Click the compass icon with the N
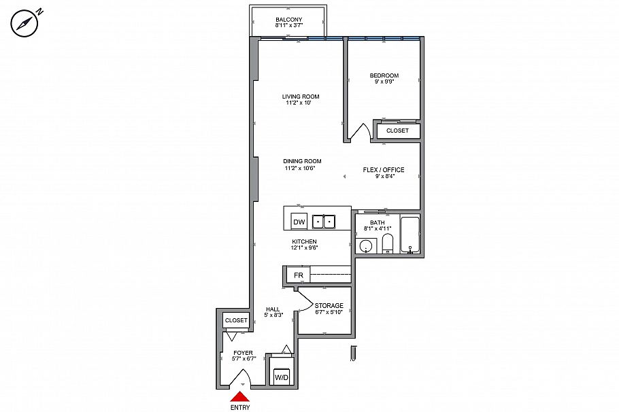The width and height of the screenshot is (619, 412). pyautogui.click(x=22, y=23)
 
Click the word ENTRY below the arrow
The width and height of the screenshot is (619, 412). pyautogui.click(x=239, y=408)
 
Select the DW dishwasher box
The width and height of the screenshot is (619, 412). pyautogui.click(x=298, y=222)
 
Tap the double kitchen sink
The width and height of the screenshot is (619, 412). pyautogui.click(x=324, y=222)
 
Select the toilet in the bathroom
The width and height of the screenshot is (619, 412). pyautogui.click(x=387, y=243)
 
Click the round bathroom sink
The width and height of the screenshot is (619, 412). pyautogui.click(x=367, y=245)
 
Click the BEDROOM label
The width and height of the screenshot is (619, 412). pyautogui.click(x=384, y=75)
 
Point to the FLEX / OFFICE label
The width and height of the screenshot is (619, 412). pyautogui.click(x=384, y=170)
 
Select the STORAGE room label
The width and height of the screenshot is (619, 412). pyautogui.click(x=329, y=306)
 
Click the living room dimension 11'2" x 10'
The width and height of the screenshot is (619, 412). pyautogui.click(x=301, y=103)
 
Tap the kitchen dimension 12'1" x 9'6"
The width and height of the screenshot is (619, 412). pyautogui.click(x=304, y=248)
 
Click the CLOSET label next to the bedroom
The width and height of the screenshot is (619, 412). pyautogui.click(x=397, y=131)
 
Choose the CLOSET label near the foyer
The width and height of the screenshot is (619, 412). pyautogui.click(x=236, y=320)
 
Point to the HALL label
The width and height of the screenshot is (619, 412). pyautogui.click(x=272, y=309)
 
